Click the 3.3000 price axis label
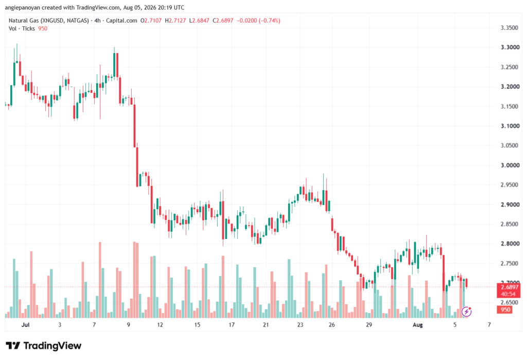[510, 47]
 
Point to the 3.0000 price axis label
[510, 165]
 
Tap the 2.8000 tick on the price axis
[510, 244]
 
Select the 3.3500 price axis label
[510, 28]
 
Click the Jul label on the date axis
[25, 324]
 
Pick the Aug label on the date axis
[417, 324]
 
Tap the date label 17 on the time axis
[231, 324]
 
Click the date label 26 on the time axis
[332, 324]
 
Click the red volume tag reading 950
[505, 310]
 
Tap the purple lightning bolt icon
[466, 312]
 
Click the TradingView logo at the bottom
[44, 346]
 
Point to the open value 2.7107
[153, 21]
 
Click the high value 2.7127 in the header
[177, 21]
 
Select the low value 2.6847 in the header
[201, 21]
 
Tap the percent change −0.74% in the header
[269, 21]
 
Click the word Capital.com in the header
[121, 21]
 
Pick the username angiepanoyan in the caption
[23, 7]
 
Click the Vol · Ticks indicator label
[22, 29]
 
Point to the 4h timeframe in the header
[97, 21]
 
